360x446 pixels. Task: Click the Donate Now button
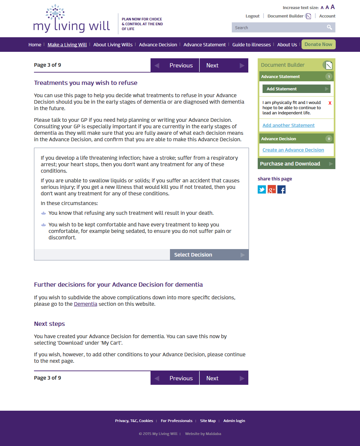pos(318,44)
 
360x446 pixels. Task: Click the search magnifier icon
pos(329,28)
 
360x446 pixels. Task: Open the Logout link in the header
pos(253,16)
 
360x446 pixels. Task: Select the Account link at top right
pos(327,16)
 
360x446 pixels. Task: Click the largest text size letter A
pos(332,7)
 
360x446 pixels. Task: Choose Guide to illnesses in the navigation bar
pos(251,45)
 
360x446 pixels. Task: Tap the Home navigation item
pos(35,45)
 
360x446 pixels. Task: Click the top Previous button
pos(175,65)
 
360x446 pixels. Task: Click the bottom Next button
pos(224,378)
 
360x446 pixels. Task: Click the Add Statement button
pos(296,89)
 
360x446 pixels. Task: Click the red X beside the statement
pos(330,103)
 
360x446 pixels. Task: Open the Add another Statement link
pos(288,125)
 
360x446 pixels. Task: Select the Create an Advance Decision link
pos(293,150)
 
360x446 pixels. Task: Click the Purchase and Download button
pos(296,164)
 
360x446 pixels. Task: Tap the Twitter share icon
pos(262,189)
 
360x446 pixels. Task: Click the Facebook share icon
pos(281,189)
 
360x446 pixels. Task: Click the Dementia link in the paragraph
pos(85,304)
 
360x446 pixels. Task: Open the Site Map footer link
pos(208,421)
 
